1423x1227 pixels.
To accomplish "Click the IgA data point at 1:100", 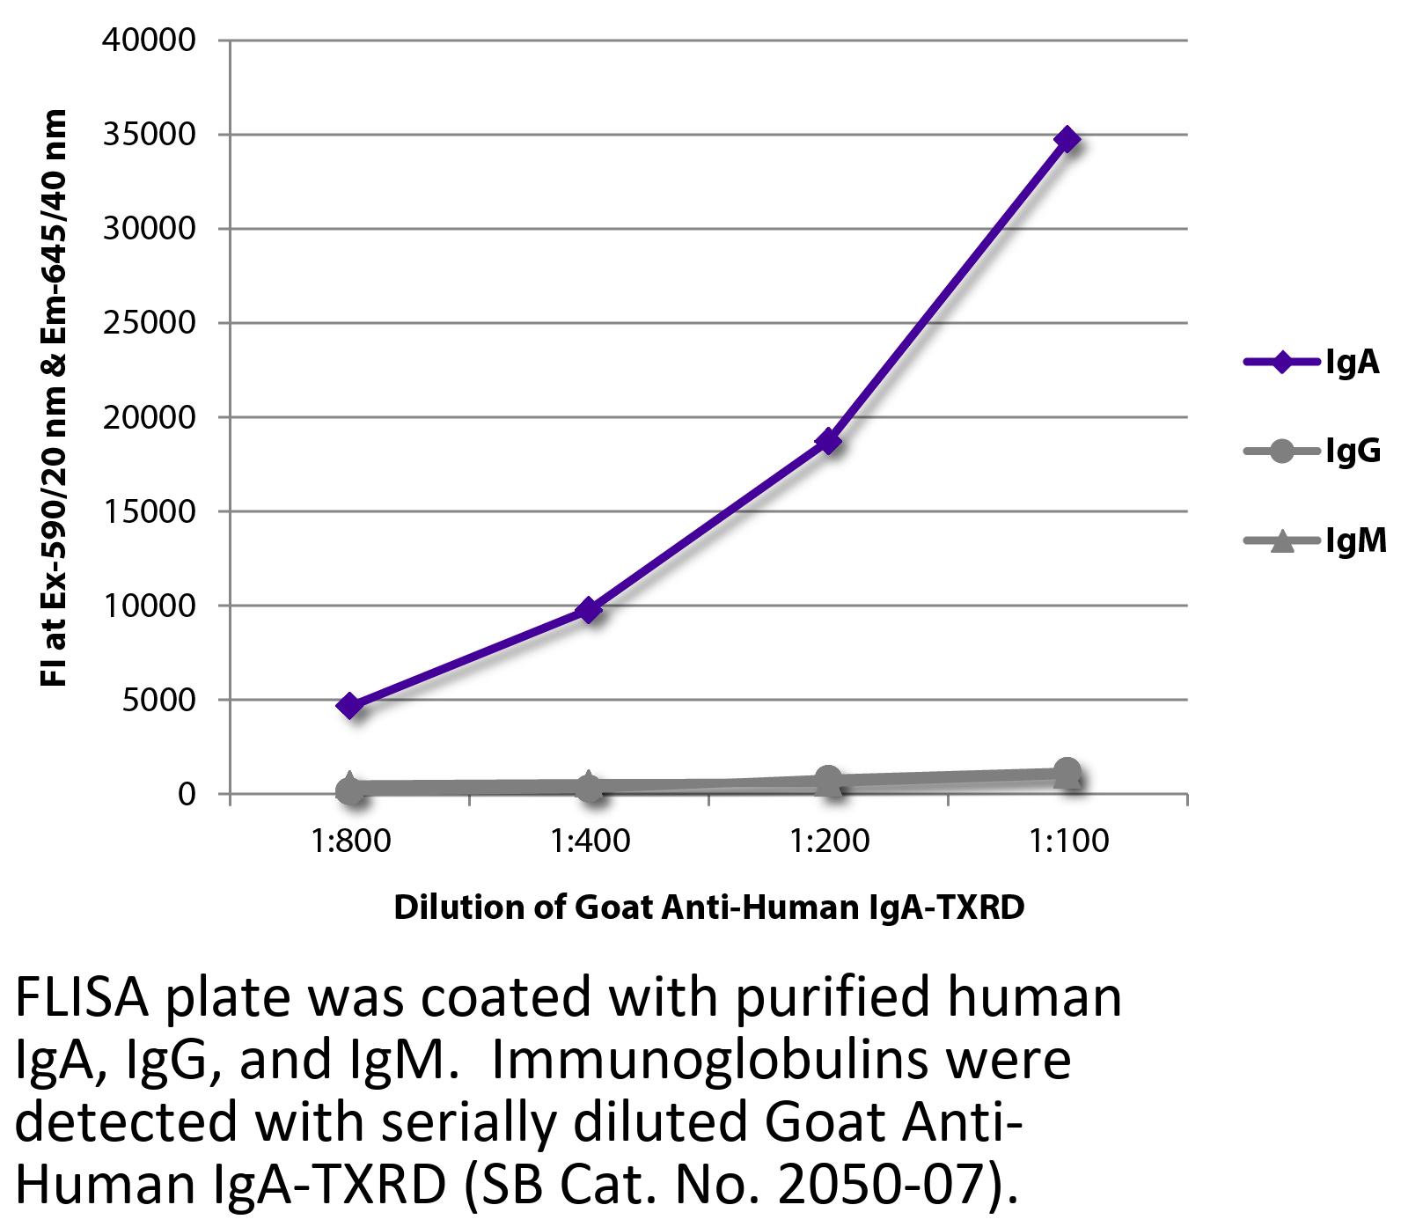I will (1067, 139).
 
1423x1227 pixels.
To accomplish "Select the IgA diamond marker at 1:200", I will (828, 441).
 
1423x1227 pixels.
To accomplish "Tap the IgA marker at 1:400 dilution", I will (589, 609).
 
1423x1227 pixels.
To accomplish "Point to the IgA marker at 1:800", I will (350, 705).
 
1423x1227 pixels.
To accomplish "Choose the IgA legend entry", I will (1311, 362).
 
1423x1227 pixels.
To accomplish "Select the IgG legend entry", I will (1311, 452).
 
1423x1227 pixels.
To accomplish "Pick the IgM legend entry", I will (1315, 540).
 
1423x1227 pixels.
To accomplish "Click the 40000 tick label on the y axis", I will (149, 40).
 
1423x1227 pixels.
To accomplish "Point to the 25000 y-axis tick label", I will (149, 323).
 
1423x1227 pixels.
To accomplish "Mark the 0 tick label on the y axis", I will (186, 794).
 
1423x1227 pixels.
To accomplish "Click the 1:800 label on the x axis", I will (350, 841).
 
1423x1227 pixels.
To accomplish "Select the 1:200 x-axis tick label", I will (828, 841).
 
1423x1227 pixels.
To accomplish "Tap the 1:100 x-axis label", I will (1067, 841).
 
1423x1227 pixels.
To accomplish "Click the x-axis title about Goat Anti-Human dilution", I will (708, 907).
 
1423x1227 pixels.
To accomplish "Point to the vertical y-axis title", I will (55, 398).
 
